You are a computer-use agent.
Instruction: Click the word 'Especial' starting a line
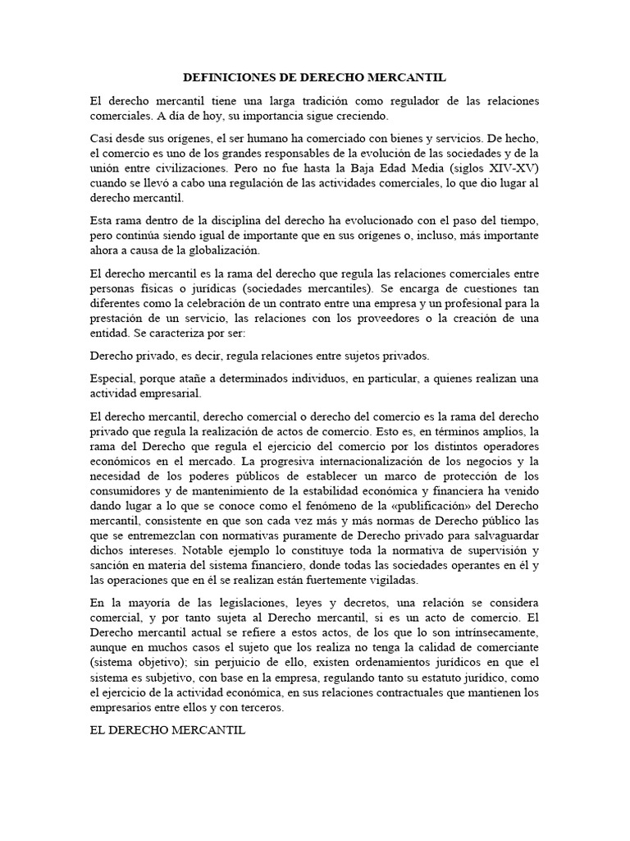click(112, 379)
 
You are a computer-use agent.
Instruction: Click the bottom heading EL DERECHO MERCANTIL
click(167, 729)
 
